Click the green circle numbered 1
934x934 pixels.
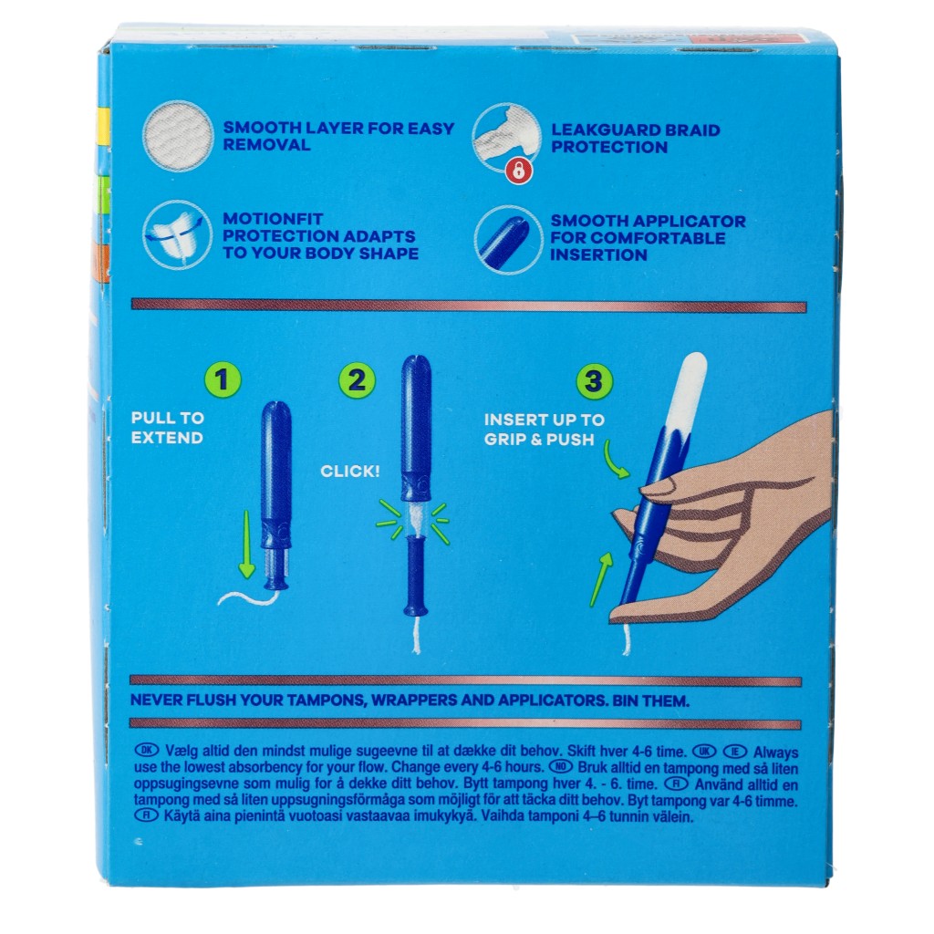[x=223, y=379]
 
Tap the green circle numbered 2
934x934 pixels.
[x=357, y=380]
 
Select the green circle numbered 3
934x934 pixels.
[x=594, y=382]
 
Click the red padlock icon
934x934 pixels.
[x=519, y=171]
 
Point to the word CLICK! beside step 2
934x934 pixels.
[x=349, y=472]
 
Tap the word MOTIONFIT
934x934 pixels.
[x=273, y=219]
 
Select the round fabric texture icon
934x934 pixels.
[x=178, y=137]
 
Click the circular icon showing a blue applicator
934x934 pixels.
[x=507, y=240]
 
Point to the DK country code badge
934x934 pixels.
[x=147, y=750]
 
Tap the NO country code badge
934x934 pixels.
[x=560, y=766]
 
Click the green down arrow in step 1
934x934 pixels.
[x=246, y=544]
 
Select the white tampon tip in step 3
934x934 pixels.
[x=687, y=393]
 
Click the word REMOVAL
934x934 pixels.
[x=266, y=145]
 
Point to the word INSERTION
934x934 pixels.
[x=598, y=255]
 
